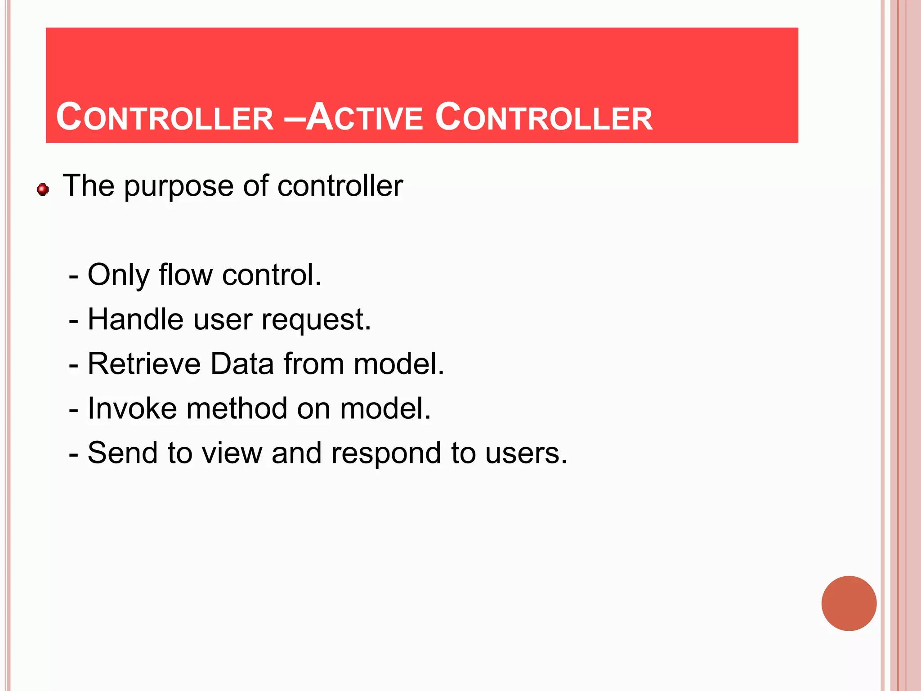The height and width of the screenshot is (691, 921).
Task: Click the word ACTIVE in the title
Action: [364, 118]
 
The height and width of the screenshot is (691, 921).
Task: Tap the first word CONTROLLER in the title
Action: [165, 118]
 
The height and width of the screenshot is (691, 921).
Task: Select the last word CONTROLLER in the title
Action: [544, 118]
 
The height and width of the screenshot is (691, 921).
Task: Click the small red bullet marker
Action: [43, 189]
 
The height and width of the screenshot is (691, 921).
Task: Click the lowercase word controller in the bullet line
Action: [340, 186]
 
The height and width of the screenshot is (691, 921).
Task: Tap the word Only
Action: [118, 275]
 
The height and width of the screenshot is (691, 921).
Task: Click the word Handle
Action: [135, 319]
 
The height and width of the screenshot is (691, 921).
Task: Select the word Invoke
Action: [132, 408]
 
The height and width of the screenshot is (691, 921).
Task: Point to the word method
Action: [237, 408]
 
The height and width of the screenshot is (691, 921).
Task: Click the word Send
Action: [122, 453]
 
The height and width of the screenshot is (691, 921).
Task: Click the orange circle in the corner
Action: [849, 603]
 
